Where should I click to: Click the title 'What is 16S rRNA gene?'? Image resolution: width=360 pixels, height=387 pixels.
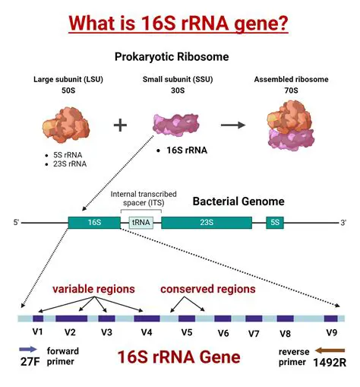click(179, 22)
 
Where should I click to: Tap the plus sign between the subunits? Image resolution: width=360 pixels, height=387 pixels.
click(120, 124)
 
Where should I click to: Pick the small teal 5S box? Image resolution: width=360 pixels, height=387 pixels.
click(275, 222)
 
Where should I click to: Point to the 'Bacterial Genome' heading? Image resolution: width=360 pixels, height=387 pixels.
click(238, 201)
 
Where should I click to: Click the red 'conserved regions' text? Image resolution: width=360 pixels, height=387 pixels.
click(207, 289)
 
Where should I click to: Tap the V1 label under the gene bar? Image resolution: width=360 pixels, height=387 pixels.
click(38, 333)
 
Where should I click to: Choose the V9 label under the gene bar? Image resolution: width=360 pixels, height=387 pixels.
click(331, 333)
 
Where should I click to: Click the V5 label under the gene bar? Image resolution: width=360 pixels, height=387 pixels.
click(186, 333)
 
